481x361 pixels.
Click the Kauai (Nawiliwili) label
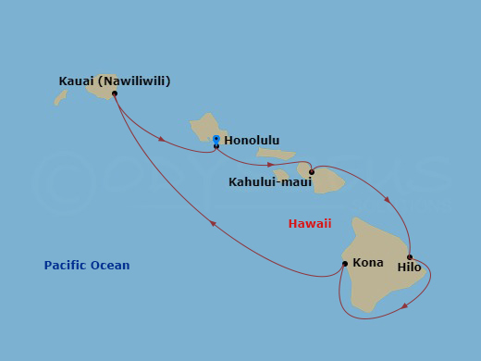(115, 81)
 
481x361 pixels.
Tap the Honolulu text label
(253, 141)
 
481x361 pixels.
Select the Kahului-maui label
(269, 181)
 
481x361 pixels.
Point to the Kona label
(368, 263)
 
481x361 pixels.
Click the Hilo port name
(409, 268)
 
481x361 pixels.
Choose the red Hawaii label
(310, 223)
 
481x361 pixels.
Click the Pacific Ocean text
(87, 266)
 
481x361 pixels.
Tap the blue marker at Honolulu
(216, 139)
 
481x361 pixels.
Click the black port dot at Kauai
(115, 93)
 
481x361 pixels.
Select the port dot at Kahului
(312, 172)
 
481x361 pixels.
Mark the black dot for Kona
(345, 264)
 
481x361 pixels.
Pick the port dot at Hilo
(410, 257)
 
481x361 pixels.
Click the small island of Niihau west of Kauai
(60, 96)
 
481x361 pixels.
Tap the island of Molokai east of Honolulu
(276, 154)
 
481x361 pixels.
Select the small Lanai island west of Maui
(281, 174)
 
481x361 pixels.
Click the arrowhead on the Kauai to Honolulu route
(162, 140)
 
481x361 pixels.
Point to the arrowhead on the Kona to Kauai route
(213, 223)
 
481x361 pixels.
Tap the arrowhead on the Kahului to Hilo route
(388, 199)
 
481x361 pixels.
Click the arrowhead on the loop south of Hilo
(405, 305)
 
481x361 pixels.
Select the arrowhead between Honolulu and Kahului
(270, 165)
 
